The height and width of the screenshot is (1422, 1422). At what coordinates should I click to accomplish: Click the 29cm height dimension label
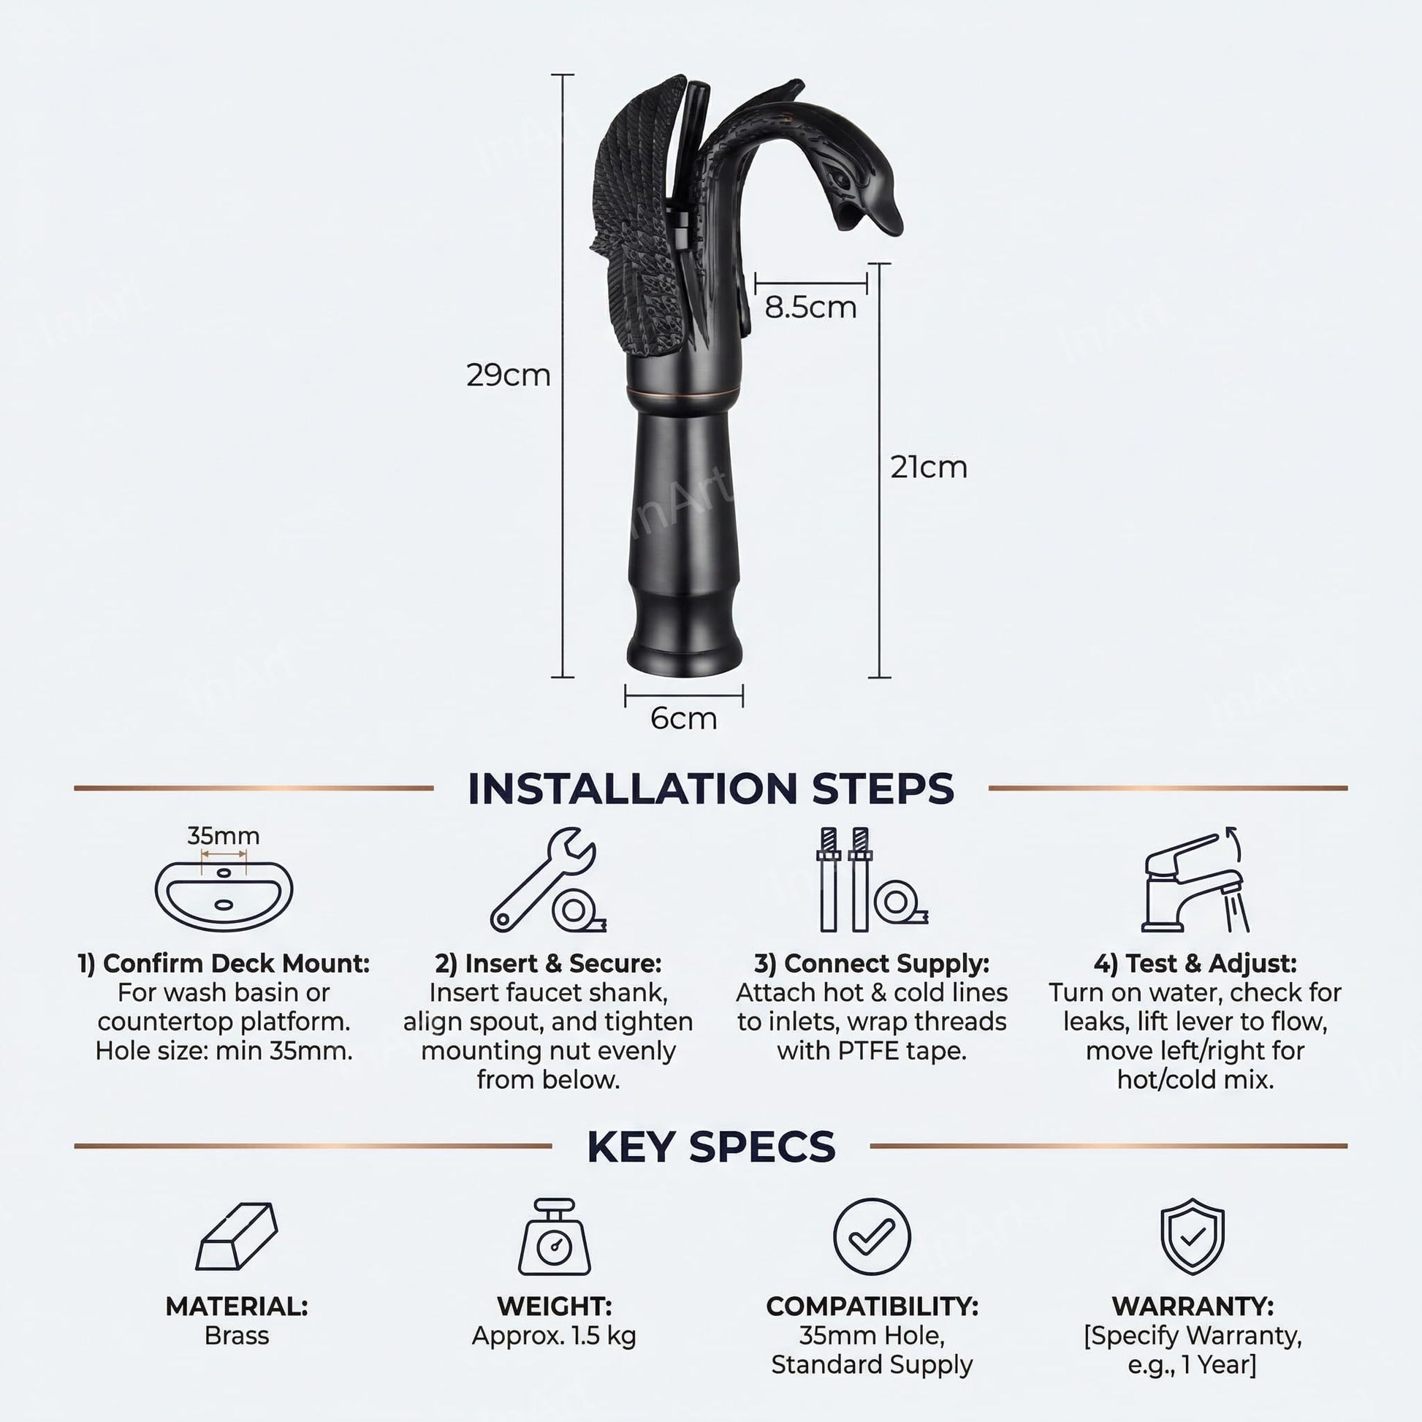click(509, 376)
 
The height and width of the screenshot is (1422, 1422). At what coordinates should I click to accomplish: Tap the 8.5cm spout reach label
click(810, 308)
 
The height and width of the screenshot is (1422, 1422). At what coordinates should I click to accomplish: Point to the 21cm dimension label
click(929, 468)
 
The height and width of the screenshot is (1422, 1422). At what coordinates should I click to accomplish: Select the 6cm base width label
click(684, 718)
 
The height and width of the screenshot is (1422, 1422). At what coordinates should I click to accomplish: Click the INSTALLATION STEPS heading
click(711, 789)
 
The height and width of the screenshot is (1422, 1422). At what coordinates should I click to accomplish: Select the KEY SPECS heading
click(711, 1146)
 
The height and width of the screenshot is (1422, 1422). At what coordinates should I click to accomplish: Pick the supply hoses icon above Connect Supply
click(872, 881)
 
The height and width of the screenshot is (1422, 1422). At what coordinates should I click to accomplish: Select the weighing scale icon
click(554, 1237)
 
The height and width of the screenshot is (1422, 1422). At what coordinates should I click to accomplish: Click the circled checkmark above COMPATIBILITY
click(872, 1236)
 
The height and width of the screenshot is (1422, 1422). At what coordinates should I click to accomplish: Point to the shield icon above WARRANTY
click(1193, 1236)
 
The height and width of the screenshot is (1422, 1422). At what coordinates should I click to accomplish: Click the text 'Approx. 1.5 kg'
click(554, 1335)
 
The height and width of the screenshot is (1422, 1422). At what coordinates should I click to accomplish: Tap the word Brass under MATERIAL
click(236, 1335)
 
